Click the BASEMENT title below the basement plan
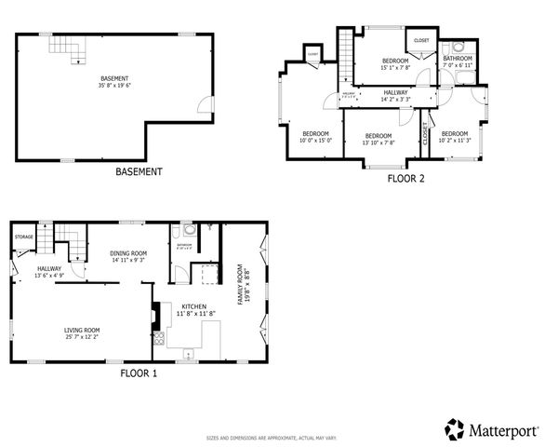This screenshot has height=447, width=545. [x=139, y=171]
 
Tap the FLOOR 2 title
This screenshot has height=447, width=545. [x=405, y=178]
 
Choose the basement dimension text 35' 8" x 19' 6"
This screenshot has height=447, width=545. [x=115, y=85]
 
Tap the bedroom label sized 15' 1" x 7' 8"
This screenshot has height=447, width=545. [x=382, y=64]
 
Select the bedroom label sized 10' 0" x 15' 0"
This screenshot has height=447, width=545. [x=315, y=137]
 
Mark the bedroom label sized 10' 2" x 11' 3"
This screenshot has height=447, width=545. [x=456, y=137]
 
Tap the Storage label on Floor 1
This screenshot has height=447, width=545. [x=23, y=237]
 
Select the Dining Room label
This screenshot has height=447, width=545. [x=128, y=256]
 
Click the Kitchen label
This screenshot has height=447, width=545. [x=193, y=309]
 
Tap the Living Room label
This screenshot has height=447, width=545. [x=82, y=332]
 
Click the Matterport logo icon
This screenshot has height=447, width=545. [x=454, y=429]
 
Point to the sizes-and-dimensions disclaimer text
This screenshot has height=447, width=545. [x=272, y=437]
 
